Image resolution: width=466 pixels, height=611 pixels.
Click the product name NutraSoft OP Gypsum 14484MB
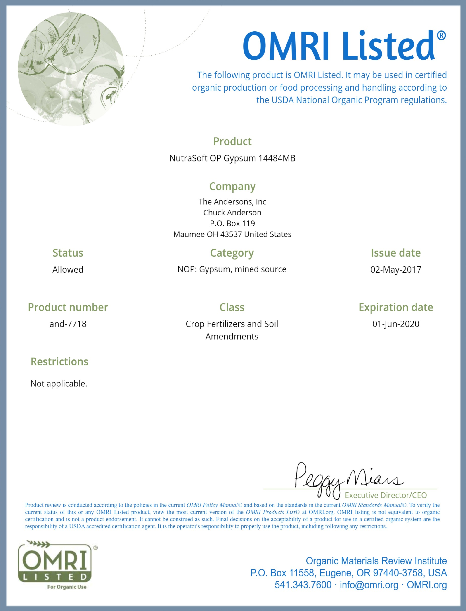coord(232,158)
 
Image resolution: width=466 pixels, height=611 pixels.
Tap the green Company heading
coord(232,187)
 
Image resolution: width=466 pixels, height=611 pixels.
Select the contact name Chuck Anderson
coord(232,213)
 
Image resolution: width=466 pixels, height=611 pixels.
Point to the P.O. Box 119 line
coord(232,223)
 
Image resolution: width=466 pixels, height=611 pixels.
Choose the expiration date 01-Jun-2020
coord(395,324)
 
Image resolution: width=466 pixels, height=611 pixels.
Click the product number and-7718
coord(68,324)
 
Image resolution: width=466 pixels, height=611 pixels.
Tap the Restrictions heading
coord(59,362)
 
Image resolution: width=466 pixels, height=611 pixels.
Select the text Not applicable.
coord(59,384)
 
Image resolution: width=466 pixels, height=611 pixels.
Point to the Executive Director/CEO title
coord(386,495)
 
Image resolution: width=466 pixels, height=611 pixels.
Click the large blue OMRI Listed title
coord(344,46)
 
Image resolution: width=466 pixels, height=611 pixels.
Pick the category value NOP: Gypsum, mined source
coord(232,269)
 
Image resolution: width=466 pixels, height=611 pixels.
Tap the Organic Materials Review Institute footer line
coord(376,561)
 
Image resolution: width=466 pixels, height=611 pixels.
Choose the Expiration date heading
coord(395,307)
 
